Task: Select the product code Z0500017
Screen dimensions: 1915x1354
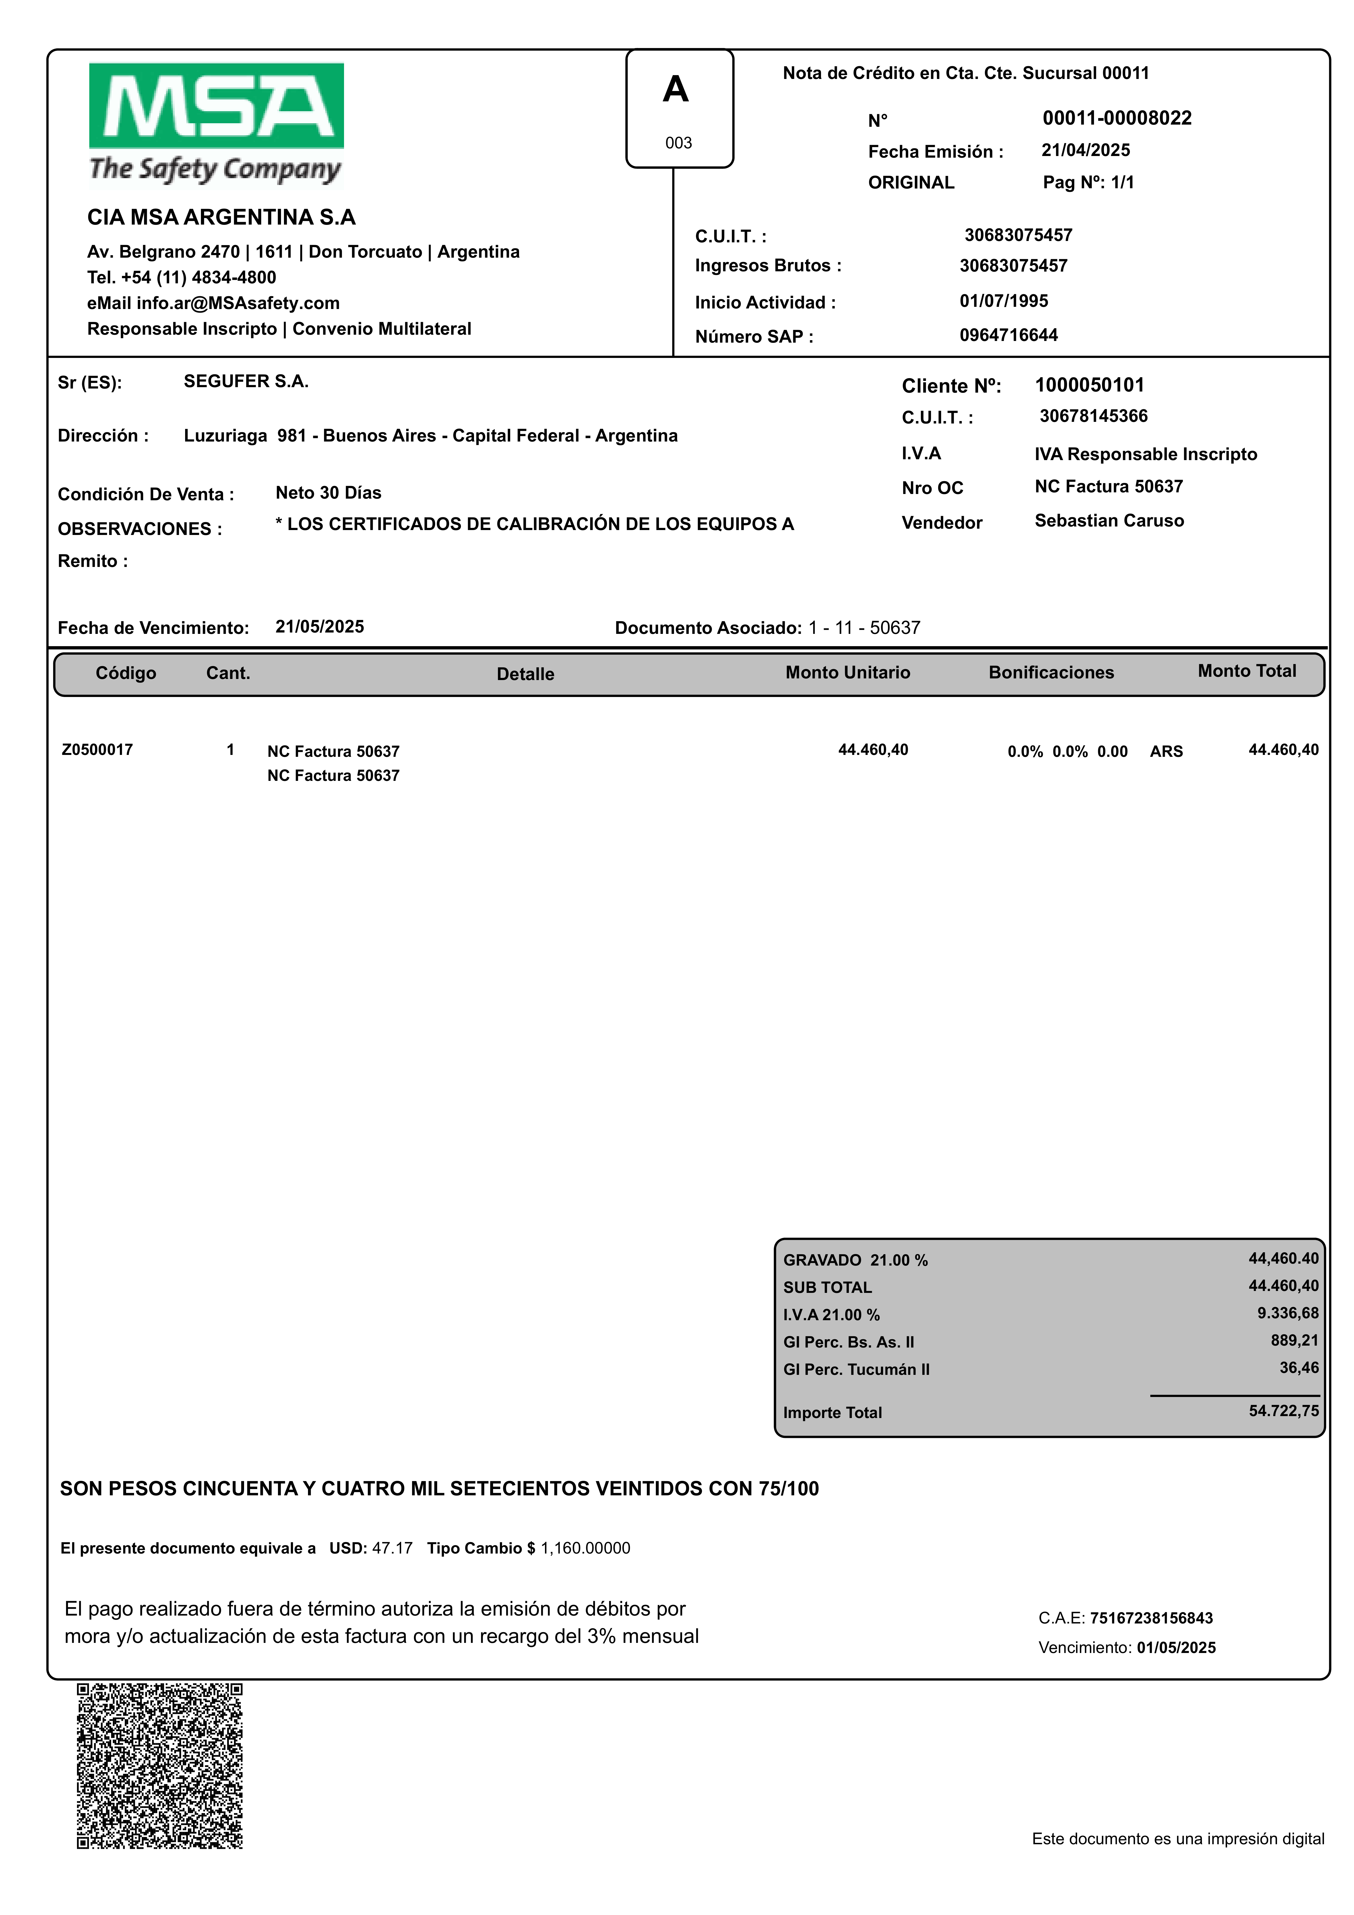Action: (x=97, y=750)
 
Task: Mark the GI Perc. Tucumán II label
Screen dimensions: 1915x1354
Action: (x=856, y=1370)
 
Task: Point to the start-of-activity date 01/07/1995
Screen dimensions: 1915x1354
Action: (x=1004, y=301)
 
